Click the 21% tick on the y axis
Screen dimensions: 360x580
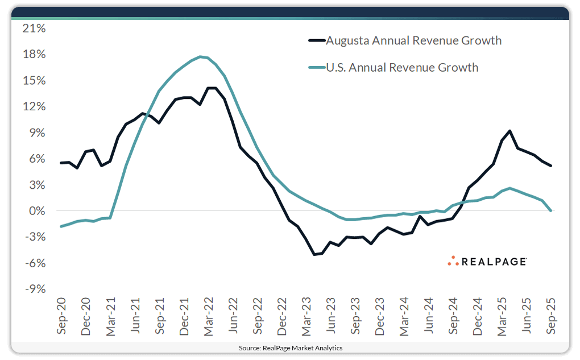(x=34, y=28)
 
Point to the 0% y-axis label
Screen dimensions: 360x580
(x=37, y=211)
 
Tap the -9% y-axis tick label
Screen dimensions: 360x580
(x=35, y=289)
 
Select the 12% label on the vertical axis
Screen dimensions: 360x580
(x=34, y=106)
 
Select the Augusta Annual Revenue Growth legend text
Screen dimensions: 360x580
(x=413, y=40)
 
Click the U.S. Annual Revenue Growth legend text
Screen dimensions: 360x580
(x=401, y=68)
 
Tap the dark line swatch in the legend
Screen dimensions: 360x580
(x=316, y=40)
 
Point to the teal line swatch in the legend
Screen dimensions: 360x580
(x=316, y=68)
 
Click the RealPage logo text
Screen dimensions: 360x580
(x=494, y=261)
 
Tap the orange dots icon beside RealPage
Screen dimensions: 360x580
(x=453, y=261)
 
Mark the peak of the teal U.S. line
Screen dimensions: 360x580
(x=201, y=56)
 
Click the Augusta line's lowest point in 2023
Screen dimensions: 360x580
(x=314, y=254)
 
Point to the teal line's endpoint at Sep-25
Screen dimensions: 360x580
(x=551, y=211)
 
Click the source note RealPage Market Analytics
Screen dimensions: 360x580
(x=290, y=347)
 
